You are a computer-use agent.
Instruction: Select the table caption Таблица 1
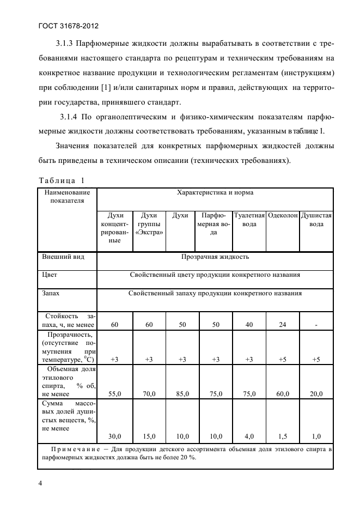tap(62, 180)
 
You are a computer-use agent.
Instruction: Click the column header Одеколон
tap(283, 215)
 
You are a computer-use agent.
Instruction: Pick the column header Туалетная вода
tap(249, 220)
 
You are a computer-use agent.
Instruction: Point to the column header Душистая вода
tap(316, 220)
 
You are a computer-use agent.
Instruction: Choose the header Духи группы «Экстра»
tap(149, 224)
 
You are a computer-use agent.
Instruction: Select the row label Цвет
tap(50, 275)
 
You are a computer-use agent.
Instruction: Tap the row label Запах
tap(51, 293)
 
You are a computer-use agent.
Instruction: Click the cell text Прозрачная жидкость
tap(215, 256)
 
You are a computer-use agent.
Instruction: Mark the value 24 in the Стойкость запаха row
tap(283, 325)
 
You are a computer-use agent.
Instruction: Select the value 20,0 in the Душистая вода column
tap(316, 393)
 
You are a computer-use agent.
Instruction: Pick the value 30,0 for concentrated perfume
tap(114, 436)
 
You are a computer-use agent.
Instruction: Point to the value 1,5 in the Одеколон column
tap(283, 436)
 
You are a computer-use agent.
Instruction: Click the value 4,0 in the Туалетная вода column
tap(249, 436)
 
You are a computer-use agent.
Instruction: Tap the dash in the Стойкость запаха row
tap(316, 325)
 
